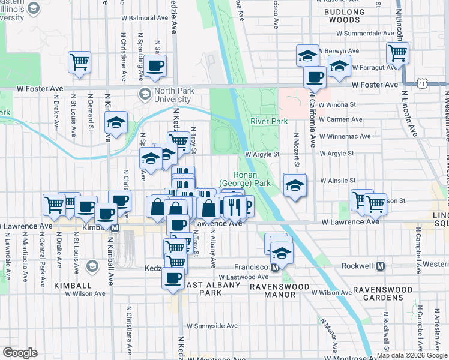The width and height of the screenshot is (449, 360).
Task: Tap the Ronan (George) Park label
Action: (x=246, y=178)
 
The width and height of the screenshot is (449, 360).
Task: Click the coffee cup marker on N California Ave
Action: (x=314, y=77)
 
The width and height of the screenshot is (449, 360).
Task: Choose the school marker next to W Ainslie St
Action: (x=294, y=185)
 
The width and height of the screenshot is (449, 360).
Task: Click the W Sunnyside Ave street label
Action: (x=212, y=326)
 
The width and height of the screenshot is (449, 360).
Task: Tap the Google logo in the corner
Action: (x=20, y=353)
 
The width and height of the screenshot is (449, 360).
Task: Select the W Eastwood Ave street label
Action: (x=246, y=277)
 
